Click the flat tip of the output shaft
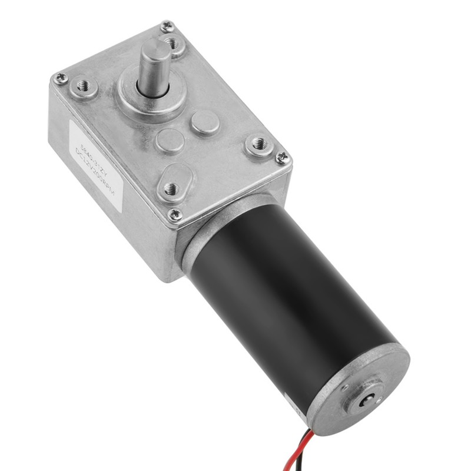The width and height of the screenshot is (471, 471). pyautogui.click(x=155, y=48)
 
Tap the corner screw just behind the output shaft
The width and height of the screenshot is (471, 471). pyautogui.click(x=167, y=26)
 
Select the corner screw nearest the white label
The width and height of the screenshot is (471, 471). pyautogui.click(x=60, y=78)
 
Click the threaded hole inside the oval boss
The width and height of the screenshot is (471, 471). pyautogui.click(x=171, y=188)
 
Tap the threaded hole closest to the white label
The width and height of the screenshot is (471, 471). pyautogui.click(x=83, y=87)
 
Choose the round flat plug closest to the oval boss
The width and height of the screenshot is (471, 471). pyautogui.click(x=170, y=141)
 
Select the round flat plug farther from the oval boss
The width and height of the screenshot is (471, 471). pyautogui.click(x=204, y=123)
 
